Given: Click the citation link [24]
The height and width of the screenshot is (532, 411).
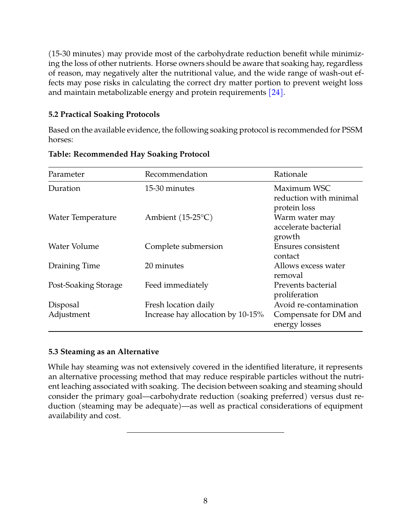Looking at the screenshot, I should pos(276,92).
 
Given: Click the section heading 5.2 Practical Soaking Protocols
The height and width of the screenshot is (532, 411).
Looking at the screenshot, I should pos(104,114).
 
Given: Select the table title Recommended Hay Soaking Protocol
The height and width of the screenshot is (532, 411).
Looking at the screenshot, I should pos(129,154).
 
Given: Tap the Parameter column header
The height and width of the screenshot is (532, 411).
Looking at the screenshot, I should pos(66,174).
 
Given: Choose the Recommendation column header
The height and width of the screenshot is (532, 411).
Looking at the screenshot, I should pos(176,174).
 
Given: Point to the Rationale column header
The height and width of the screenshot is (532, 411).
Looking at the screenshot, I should pos(290,174).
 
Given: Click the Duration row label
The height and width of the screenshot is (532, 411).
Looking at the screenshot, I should pos(64,188).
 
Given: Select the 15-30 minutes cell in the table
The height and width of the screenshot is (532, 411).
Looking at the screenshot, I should pos(169,188).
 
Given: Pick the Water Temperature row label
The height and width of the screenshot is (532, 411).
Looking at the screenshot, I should pos(82,217).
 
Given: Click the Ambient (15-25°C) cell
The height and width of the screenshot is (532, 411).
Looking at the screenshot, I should pos(179,217).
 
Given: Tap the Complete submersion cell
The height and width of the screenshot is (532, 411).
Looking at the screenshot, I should pos(184,246).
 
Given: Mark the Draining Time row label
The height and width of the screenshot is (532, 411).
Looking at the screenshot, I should pos(74,266).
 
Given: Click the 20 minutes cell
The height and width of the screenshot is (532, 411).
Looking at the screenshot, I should pos(164,266).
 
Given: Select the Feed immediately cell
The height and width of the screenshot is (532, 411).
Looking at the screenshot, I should pos(176,285).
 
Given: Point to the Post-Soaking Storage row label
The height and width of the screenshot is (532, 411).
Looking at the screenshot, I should pos(85,285).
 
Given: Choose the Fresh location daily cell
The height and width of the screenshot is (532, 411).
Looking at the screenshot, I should pos(179,305).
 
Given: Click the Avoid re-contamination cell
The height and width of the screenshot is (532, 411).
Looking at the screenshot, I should pos(316,305).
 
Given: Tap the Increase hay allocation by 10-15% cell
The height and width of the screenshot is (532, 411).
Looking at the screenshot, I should pos(204,314).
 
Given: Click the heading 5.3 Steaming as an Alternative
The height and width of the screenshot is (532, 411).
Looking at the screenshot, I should pos(103,352).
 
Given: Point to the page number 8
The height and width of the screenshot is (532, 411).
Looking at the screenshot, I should pos(205,501).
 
